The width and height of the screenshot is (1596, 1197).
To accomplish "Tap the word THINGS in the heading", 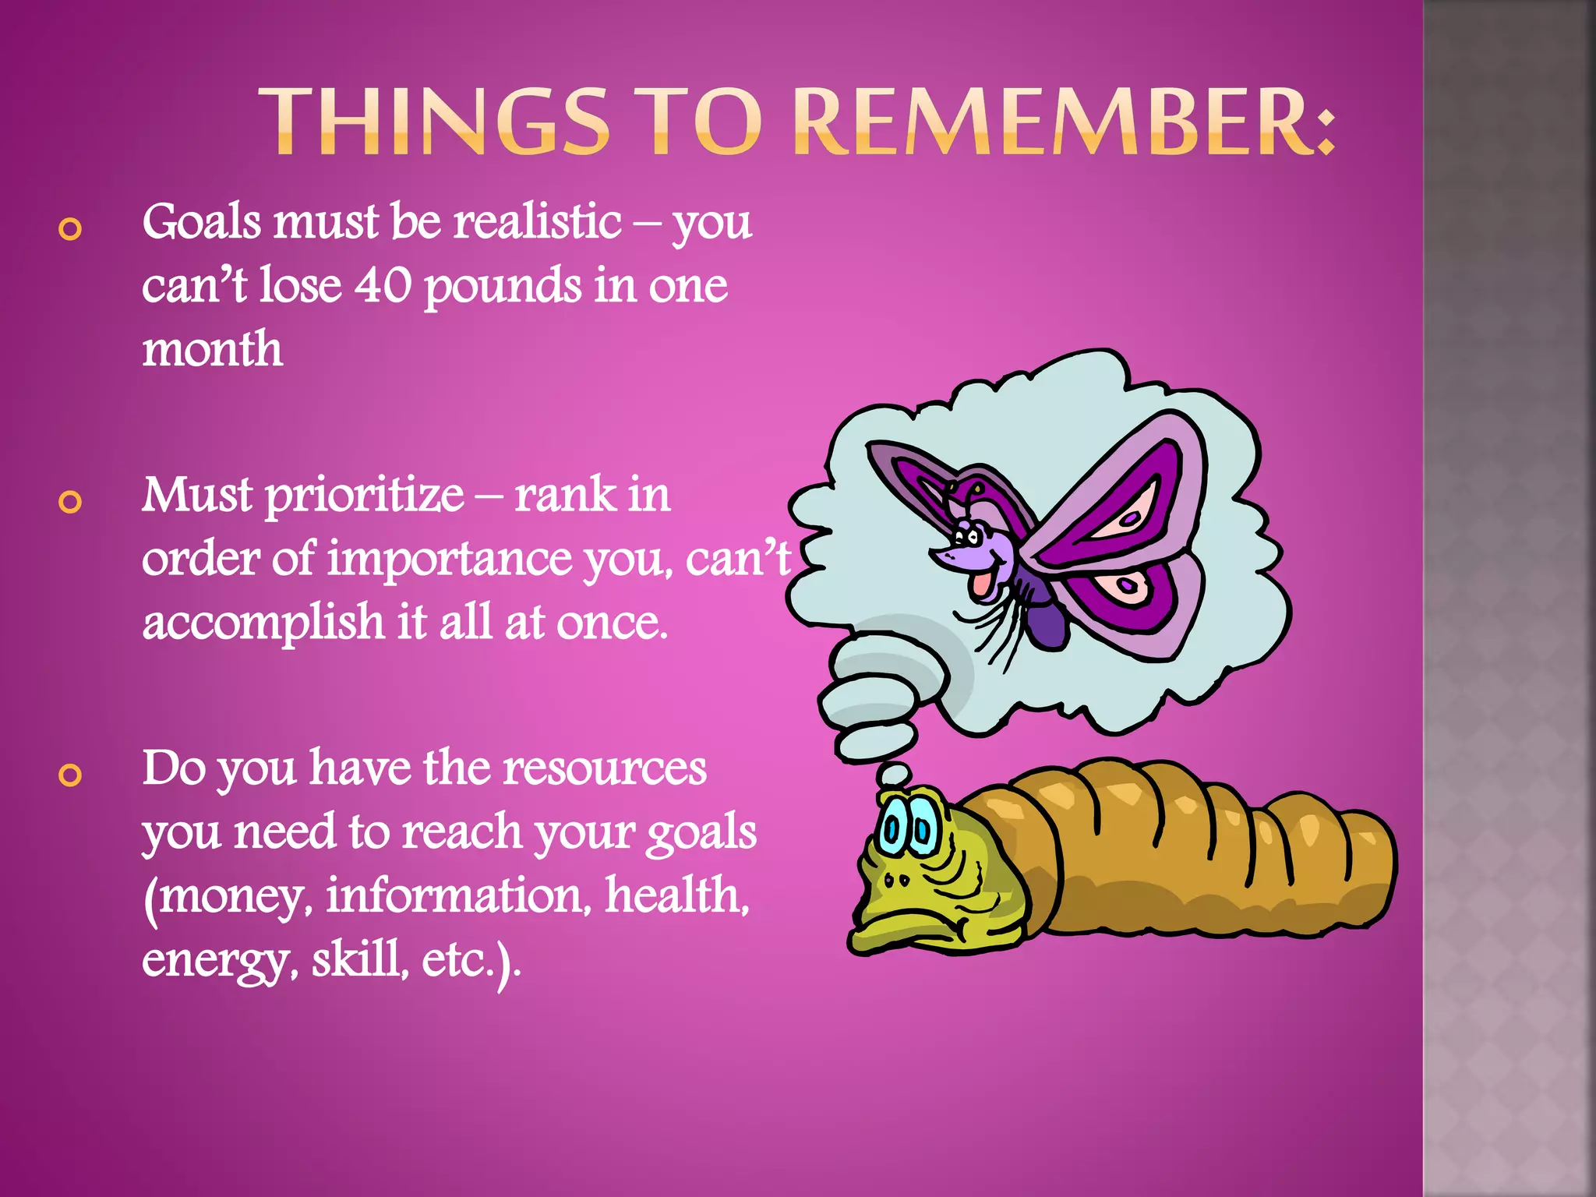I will coord(433,122).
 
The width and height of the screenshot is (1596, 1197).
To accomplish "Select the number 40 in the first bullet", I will coord(383,285).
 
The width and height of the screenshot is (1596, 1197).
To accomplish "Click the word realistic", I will coord(538,221).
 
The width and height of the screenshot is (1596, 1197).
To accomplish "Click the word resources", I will coord(604,768).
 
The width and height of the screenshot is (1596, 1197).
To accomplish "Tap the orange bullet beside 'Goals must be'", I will coord(70,229).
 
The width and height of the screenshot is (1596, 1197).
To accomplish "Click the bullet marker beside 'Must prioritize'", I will coord(70,503).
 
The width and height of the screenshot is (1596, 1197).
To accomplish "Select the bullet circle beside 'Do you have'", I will coord(70,775).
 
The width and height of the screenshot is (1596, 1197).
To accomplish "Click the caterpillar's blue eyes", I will coord(907,830).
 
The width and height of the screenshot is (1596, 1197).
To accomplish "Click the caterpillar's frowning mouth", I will coord(912,927).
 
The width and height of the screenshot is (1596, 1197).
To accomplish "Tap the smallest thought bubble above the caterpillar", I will coord(894,774).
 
